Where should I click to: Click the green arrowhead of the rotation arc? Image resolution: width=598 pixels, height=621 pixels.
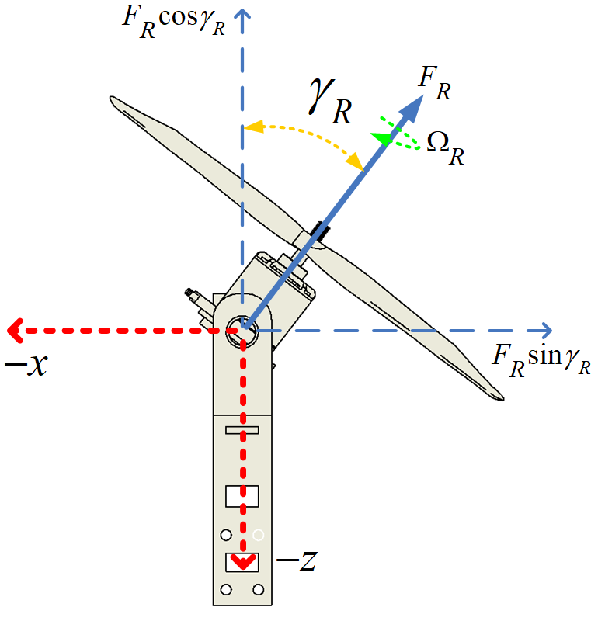click(x=381, y=138)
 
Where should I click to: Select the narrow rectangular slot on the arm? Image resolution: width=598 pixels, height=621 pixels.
click(x=242, y=430)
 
